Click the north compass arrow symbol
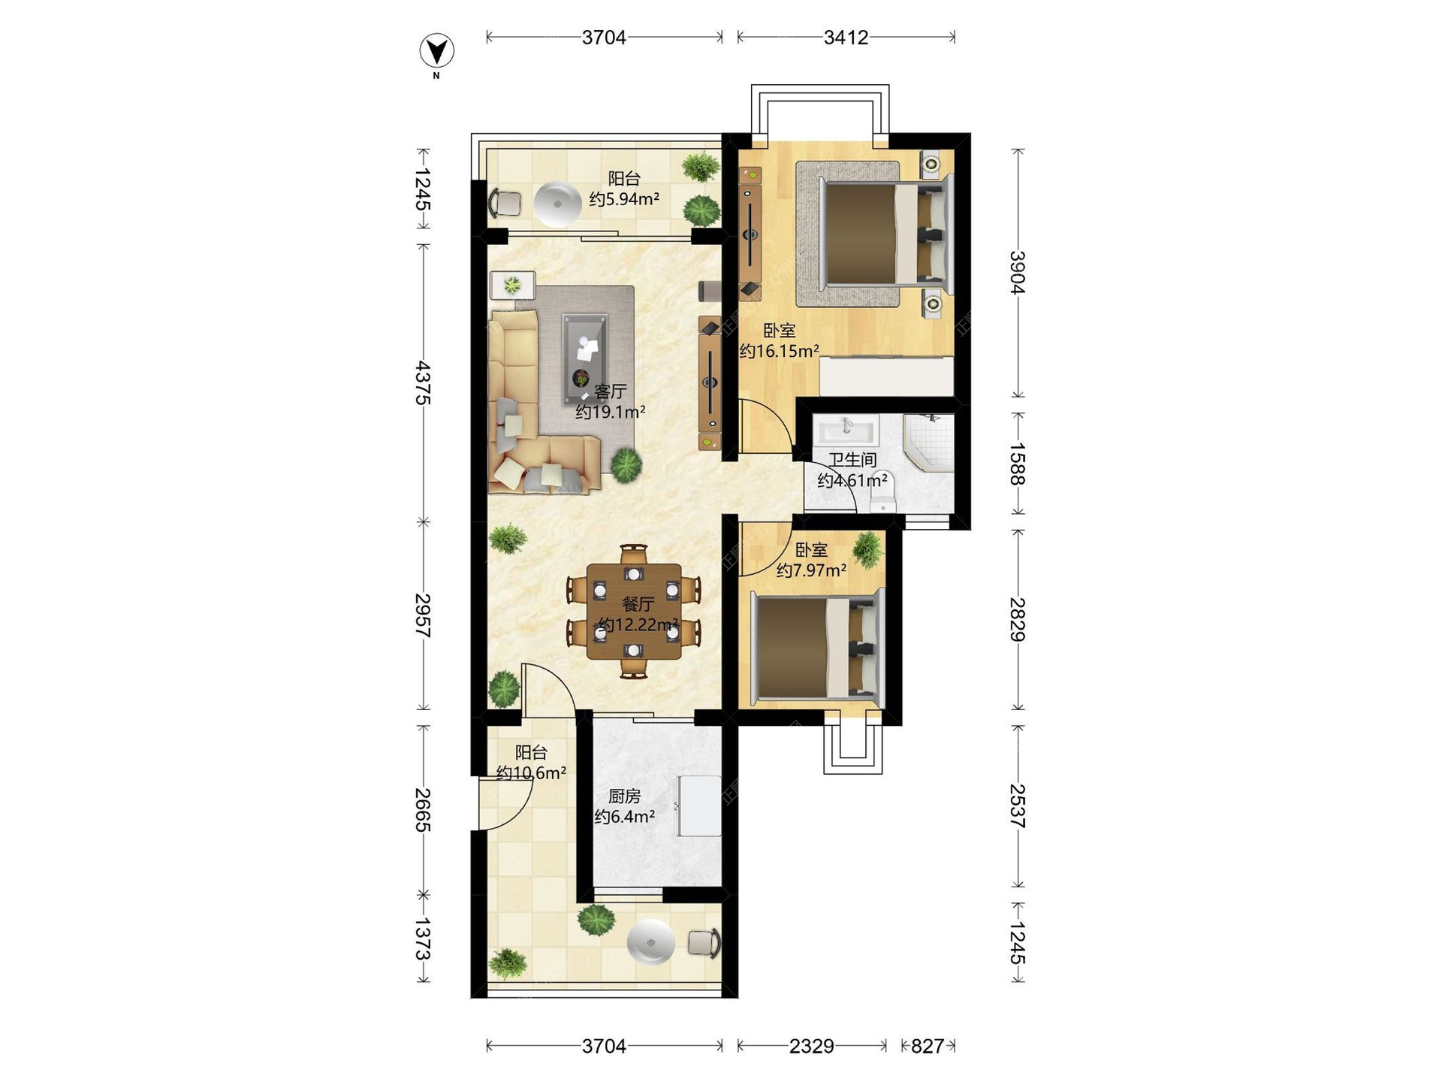pyautogui.click(x=436, y=51)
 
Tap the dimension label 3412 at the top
pyautogui.click(x=846, y=38)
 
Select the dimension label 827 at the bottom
pyautogui.click(x=928, y=1046)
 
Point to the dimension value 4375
pyautogui.click(x=424, y=383)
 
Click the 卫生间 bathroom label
pyautogui.click(x=852, y=460)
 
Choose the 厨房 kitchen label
pyautogui.click(x=624, y=796)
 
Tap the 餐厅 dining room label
pyautogui.click(x=638, y=604)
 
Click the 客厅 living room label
pyautogui.click(x=611, y=391)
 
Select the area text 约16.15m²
pyautogui.click(x=779, y=351)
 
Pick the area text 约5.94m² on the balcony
pyautogui.click(x=624, y=199)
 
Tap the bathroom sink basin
pyautogui.click(x=846, y=431)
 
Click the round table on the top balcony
pyautogui.click(x=557, y=204)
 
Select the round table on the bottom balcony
pyautogui.click(x=650, y=941)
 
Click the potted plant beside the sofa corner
pyautogui.click(x=626, y=465)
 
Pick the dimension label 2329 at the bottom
pyautogui.click(x=812, y=1046)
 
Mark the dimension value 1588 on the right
pyautogui.click(x=1017, y=464)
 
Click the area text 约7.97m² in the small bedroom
pyautogui.click(x=812, y=571)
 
